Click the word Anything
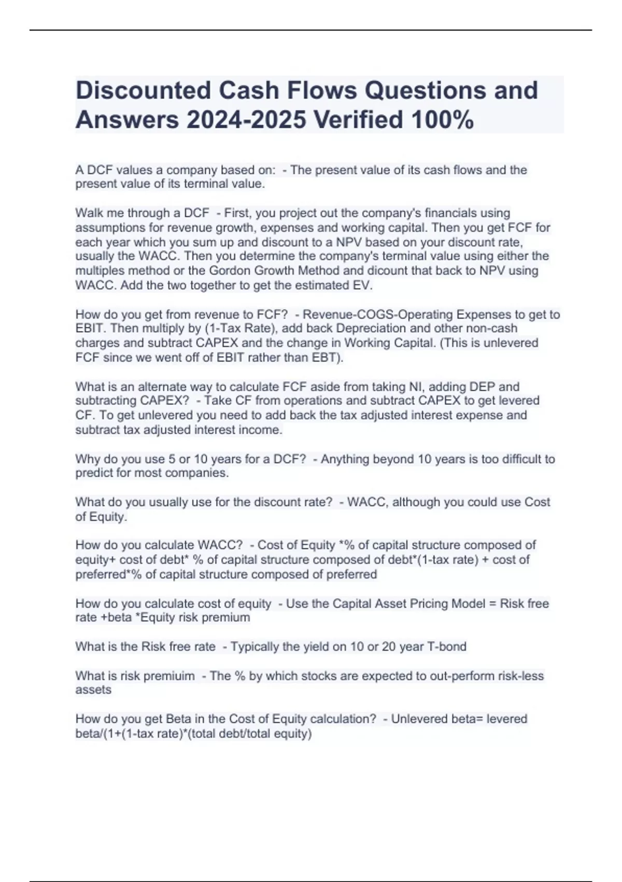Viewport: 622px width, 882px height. pyautogui.click(x=344, y=459)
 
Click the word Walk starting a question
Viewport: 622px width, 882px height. pyautogui.click(x=89, y=213)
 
